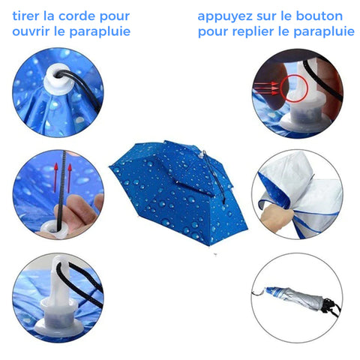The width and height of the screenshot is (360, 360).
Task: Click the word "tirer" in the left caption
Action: pos(26,16)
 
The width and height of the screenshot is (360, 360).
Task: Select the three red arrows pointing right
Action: pos(266,88)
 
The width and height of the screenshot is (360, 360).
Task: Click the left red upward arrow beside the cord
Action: pos(56,178)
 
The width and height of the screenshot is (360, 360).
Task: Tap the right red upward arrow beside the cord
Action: pos(70,178)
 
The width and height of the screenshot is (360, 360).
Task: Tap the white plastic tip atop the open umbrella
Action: pos(201,155)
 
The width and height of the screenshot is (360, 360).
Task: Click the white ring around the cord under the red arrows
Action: pos(54,229)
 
